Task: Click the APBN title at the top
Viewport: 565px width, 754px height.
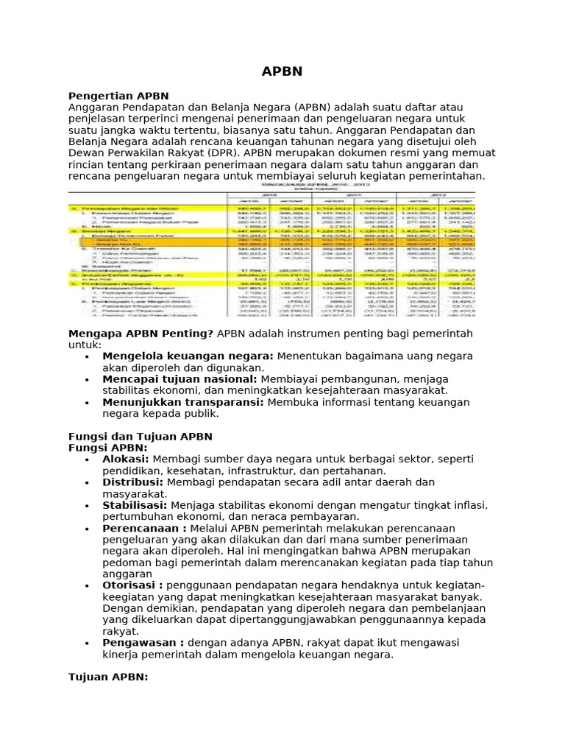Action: click(x=282, y=71)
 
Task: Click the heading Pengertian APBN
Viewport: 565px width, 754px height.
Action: click(x=118, y=96)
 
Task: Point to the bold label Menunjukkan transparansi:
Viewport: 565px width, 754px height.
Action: click(x=183, y=402)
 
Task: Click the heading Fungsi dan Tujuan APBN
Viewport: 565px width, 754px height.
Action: click(x=140, y=437)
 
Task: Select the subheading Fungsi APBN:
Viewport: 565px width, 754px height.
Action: click(x=108, y=448)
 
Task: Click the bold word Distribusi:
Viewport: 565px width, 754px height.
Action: click(x=132, y=482)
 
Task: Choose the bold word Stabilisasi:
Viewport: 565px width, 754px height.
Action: click(x=135, y=505)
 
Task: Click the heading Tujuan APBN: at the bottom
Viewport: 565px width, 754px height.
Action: click(x=108, y=677)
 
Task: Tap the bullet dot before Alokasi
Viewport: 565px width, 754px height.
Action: click(x=87, y=460)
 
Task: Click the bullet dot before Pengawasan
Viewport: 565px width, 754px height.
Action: click(x=87, y=644)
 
